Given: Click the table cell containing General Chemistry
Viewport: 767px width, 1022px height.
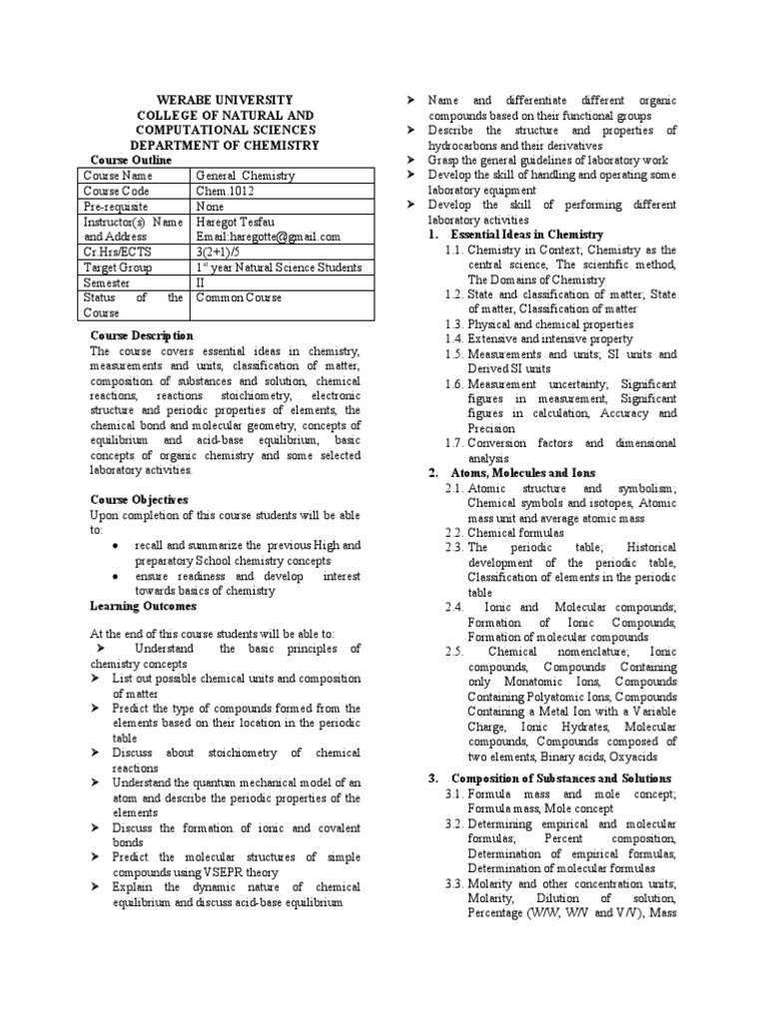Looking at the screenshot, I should pos(245,176).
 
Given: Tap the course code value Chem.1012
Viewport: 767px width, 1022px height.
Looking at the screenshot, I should pos(231,191).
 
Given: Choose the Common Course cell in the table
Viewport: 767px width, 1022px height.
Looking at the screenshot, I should pos(239,297).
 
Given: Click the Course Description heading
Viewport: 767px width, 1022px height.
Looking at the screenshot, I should pos(142,335).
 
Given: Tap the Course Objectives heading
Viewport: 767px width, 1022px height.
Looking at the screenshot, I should pos(139,499).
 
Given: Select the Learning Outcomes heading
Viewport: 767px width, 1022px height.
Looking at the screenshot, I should pos(144,606).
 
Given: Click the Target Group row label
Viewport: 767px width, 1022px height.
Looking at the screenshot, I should pos(119,267).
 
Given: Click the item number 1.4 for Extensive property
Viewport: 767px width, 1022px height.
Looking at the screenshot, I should pos(455,339).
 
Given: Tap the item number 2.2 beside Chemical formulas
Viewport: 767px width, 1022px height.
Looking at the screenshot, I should pos(455,533).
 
